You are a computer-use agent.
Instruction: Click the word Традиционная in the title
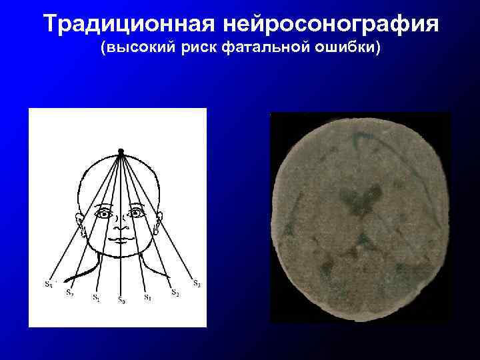coord(126,25)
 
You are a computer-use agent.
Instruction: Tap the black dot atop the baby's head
coord(121,151)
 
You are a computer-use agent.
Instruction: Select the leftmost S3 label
coord(49,285)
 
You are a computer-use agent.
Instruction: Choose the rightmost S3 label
coord(197,283)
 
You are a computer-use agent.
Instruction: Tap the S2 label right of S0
coord(175,292)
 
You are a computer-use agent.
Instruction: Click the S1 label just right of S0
coord(147,297)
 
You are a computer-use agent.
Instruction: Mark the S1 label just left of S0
coord(96,297)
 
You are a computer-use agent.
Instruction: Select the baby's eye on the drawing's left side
coord(104,214)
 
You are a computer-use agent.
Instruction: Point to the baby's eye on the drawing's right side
coord(136,213)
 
